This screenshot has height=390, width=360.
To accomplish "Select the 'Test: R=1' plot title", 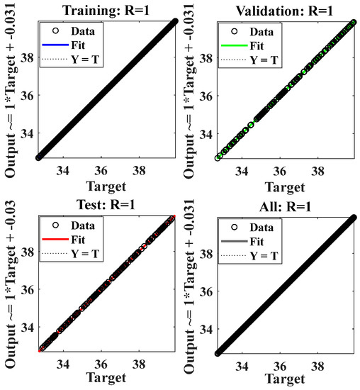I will click(107, 204).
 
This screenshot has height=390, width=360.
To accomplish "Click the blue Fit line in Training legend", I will click(56, 43).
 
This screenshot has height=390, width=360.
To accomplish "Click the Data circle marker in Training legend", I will click(56, 31).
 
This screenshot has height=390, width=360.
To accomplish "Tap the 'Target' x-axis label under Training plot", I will click(106, 186).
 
